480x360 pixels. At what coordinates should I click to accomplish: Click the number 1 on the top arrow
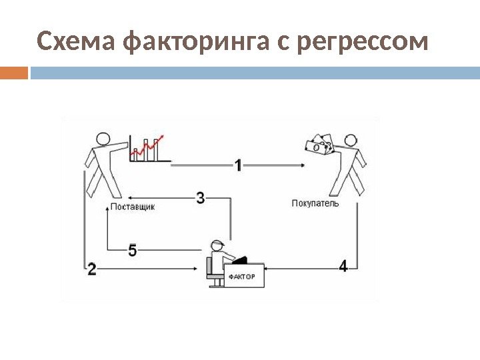pyautogui.click(x=238, y=165)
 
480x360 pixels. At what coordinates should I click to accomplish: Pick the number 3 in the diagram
pyautogui.click(x=200, y=197)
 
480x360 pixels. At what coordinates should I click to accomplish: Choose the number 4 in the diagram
pyautogui.click(x=343, y=266)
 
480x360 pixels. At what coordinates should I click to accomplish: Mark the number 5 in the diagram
pyautogui.click(x=132, y=250)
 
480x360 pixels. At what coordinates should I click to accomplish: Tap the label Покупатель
pyautogui.click(x=315, y=203)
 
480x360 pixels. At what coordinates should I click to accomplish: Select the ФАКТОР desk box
pyautogui.click(x=243, y=275)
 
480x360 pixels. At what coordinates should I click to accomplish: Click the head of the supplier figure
pyautogui.click(x=103, y=139)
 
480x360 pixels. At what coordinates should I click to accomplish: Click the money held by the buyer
pyautogui.click(x=317, y=145)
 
